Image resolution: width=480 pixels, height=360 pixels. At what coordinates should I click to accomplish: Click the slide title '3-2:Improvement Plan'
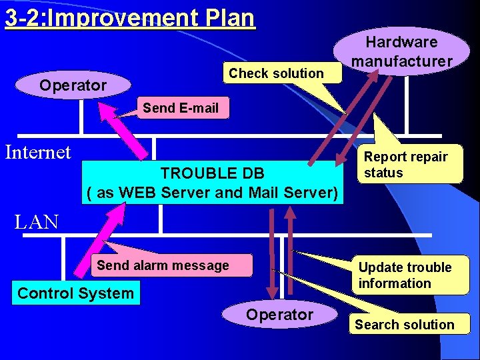pyautogui.click(x=130, y=17)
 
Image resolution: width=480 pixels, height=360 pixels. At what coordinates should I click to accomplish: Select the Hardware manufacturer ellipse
pyautogui.click(x=402, y=51)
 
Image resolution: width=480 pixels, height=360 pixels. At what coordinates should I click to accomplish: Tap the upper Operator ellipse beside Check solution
pyautogui.click(x=73, y=85)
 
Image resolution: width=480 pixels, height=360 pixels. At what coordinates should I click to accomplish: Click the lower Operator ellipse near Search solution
pyautogui.click(x=279, y=314)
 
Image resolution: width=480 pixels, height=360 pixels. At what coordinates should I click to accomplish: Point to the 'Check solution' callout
pyautogui.click(x=276, y=73)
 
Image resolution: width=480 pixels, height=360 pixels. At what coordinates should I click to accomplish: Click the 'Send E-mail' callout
pyautogui.click(x=181, y=108)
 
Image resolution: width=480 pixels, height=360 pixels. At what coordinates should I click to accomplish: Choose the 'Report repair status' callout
pyautogui.click(x=406, y=165)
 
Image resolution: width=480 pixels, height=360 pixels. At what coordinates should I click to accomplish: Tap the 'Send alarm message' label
pyautogui.click(x=163, y=265)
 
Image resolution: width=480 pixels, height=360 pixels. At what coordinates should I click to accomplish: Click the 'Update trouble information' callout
pyautogui.click(x=405, y=275)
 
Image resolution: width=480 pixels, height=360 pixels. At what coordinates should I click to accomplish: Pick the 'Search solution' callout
pyautogui.click(x=404, y=325)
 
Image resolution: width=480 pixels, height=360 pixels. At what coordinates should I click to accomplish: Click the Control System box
pyautogui.click(x=75, y=293)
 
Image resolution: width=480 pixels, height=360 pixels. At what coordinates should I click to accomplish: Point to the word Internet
pyautogui.click(x=38, y=153)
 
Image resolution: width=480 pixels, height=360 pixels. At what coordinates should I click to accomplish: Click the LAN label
pyautogui.click(x=37, y=222)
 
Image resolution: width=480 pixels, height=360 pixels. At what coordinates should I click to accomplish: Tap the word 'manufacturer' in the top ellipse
pyautogui.click(x=402, y=61)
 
